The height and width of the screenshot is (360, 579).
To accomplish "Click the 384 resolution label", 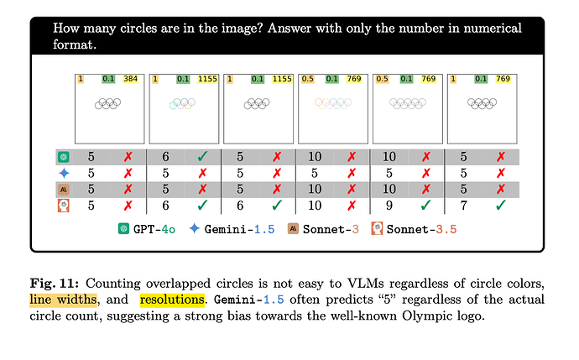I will tap(131, 80).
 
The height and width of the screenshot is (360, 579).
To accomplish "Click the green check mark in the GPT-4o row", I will tap(204, 156).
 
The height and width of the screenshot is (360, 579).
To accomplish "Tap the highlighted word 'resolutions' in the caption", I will tap(171, 300).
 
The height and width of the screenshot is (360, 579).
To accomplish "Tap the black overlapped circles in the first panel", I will tap(110, 103).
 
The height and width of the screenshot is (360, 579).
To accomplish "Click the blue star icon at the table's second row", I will tap(63, 172).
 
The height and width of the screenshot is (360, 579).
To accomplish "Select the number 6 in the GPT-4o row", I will tap(165, 156).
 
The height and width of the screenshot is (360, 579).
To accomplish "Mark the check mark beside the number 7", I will tap(501, 204).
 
